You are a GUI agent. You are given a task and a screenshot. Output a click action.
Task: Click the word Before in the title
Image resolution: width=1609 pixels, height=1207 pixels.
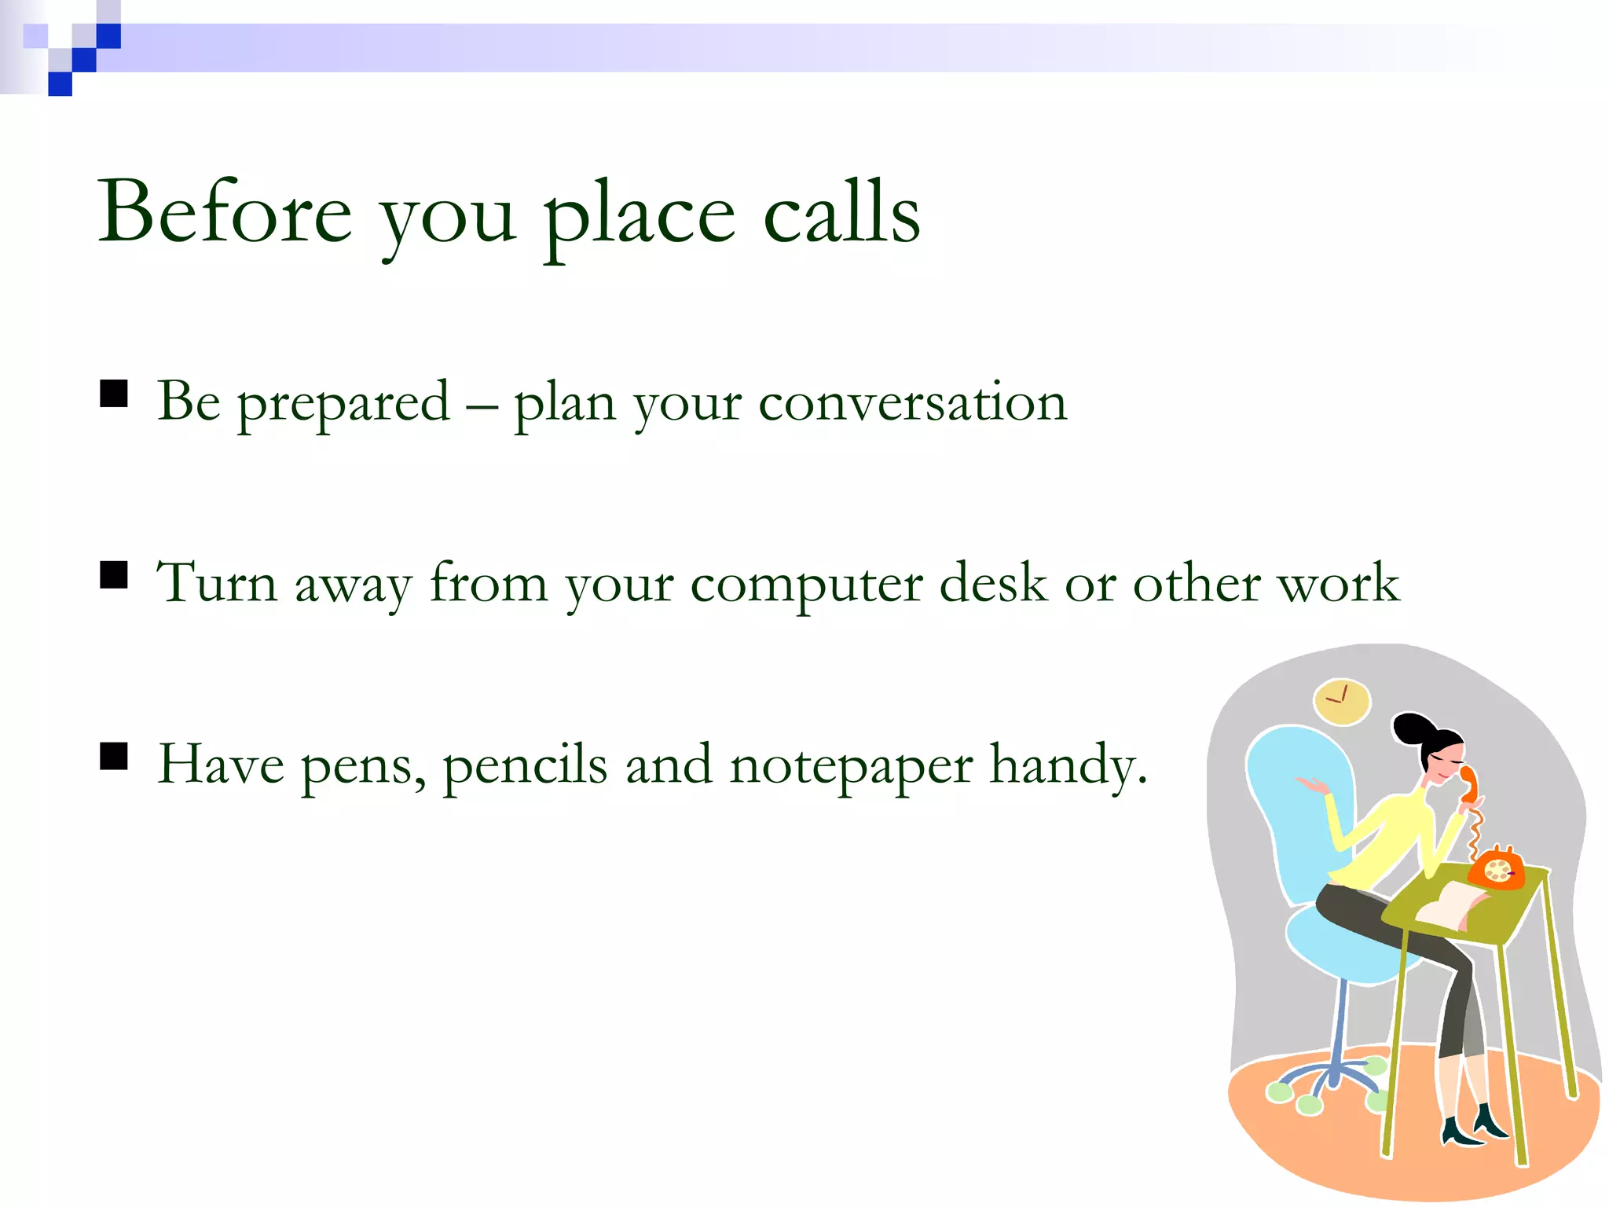tap(225, 212)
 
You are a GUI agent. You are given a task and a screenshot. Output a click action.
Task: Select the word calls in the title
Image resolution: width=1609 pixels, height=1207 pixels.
tap(841, 212)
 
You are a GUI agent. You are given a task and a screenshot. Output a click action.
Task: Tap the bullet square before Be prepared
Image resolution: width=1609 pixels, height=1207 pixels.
tap(114, 393)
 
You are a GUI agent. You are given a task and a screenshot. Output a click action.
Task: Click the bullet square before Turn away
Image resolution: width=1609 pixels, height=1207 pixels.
tap(114, 575)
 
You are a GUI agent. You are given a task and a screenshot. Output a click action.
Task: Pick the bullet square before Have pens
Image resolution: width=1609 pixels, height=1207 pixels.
tap(114, 757)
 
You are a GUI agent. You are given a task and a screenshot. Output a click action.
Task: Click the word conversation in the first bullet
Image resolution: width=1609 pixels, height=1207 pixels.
tap(912, 402)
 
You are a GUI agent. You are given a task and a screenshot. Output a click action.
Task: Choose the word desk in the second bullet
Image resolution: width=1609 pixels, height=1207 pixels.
tap(993, 583)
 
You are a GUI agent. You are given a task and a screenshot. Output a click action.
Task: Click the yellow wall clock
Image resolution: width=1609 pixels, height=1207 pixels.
tap(1342, 701)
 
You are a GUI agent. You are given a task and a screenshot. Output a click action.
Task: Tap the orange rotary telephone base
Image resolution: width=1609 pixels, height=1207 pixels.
tap(1497, 871)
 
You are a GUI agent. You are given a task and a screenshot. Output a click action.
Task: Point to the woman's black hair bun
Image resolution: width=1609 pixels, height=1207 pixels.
tap(1412, 728)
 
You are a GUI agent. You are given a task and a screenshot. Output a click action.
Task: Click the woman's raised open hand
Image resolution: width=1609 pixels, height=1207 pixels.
tap(1311, 784)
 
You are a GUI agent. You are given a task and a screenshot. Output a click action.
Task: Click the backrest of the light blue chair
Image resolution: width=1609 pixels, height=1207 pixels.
tap(1296, 809)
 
